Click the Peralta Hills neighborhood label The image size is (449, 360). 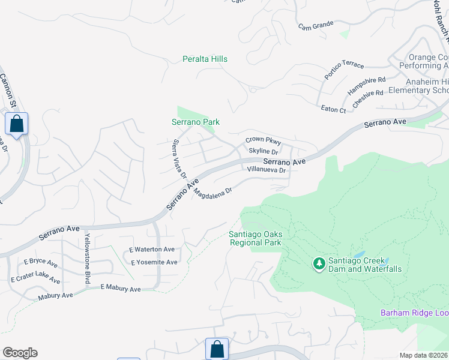[x=205, y=59]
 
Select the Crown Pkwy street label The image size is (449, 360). [x=263, y=140]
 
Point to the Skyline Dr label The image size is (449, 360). [x=264, y=152]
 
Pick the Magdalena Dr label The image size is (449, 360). [x=212, y=194]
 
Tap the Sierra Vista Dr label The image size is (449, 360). [x=179, y=158]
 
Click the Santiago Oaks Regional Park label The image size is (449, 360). [x=255, y=238]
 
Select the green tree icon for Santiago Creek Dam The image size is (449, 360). [x=319, y=263]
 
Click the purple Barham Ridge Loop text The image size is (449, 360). [x=414, y=313]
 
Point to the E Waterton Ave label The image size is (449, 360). [x=152, y=249]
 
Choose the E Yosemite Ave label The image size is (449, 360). [x=154, y=262]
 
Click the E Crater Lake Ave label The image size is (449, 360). [x=35, y=279]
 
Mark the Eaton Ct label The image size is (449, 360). [x=333, y=110]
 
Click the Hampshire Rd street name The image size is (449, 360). [x=366, y=85]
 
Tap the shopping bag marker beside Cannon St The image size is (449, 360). [x=17, y=124]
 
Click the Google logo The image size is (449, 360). [x=20, y=353]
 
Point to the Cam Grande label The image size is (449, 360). [x=315, y=26]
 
